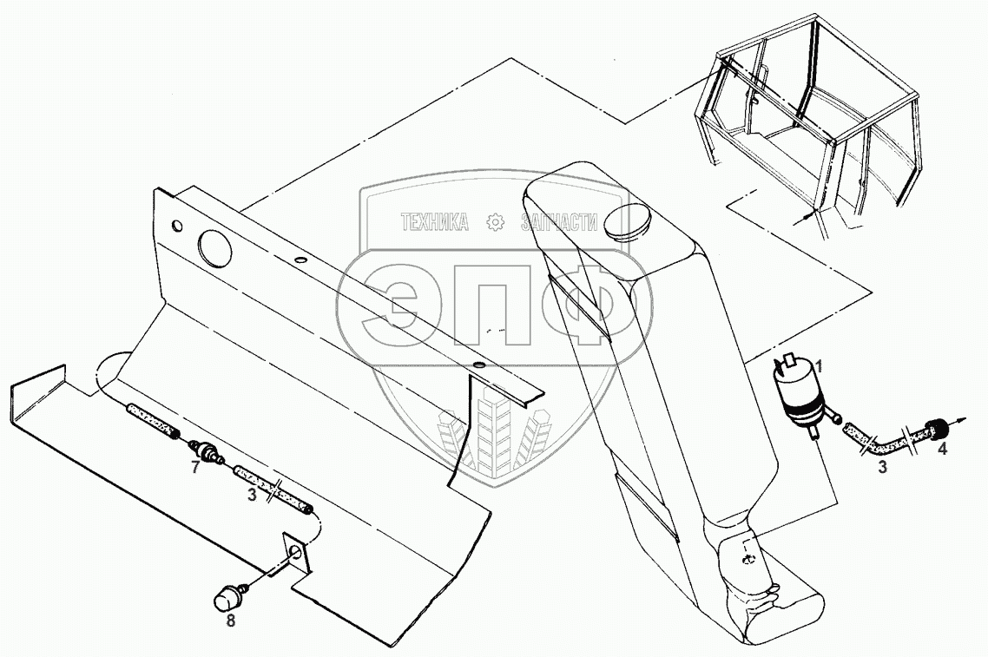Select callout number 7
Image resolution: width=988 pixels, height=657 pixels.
click(x=196, y=468)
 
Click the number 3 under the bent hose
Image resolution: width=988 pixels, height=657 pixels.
click(x=882, y=468)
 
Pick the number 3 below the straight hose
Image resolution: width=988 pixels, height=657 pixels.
click(x=252, y=496)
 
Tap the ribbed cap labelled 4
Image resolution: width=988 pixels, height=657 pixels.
click(x=936, y=428)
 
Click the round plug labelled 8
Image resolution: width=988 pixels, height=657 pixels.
click(x=228, y=596)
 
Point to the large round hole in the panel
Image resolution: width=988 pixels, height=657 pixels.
click(x=216, y=247)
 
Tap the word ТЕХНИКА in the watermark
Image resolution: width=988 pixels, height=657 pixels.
click(x=434, y=223)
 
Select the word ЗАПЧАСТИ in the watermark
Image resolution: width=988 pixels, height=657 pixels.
click(x=559, y=223)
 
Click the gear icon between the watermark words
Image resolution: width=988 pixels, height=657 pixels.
click(x=495, y=223)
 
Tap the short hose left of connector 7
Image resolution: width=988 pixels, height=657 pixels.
click(x=153, y=419)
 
